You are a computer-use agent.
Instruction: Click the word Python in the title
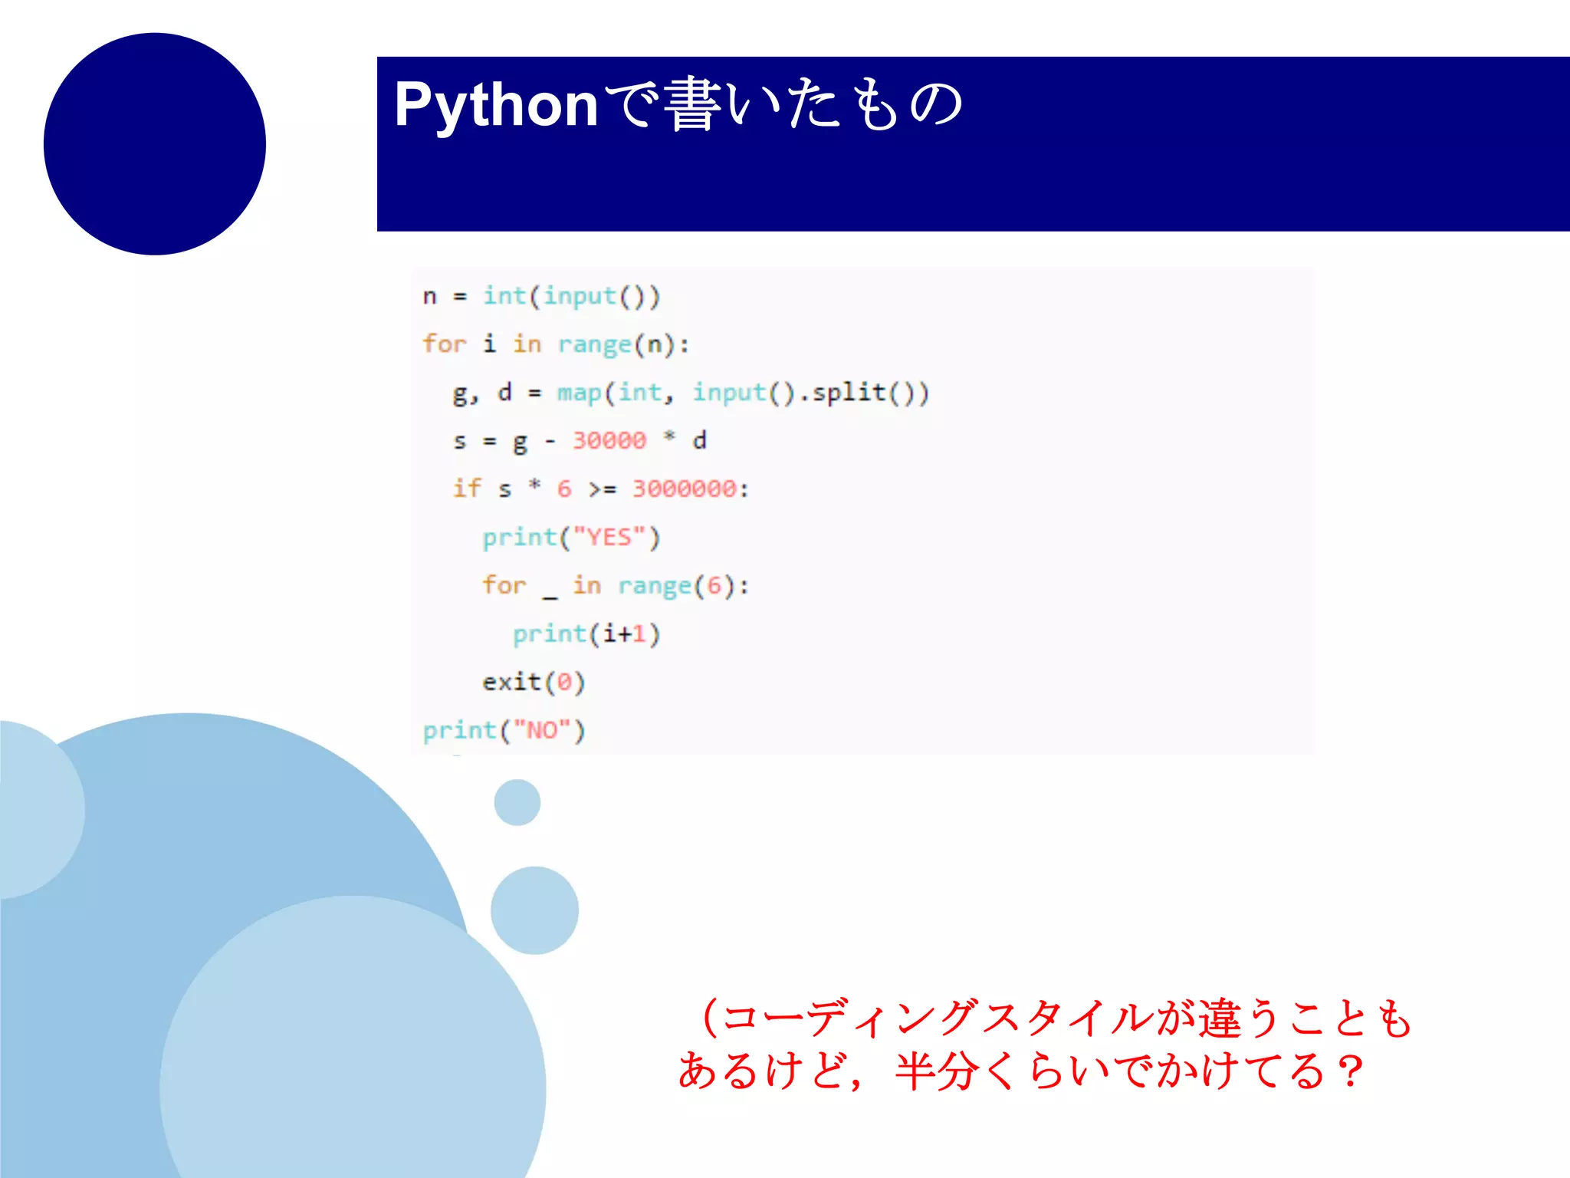495,105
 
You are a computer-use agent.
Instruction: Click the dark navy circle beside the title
155,143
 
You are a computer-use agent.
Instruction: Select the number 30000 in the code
609,440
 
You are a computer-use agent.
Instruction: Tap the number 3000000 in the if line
684,489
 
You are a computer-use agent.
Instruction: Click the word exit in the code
511,682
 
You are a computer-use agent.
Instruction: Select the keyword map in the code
579,393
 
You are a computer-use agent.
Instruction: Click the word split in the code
849,393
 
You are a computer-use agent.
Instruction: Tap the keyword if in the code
467,489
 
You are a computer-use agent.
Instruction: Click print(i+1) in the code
586,634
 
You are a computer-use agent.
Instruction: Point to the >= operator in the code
602,489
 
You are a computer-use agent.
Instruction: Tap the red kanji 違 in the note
1220,1019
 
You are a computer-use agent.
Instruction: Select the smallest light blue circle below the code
517,802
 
